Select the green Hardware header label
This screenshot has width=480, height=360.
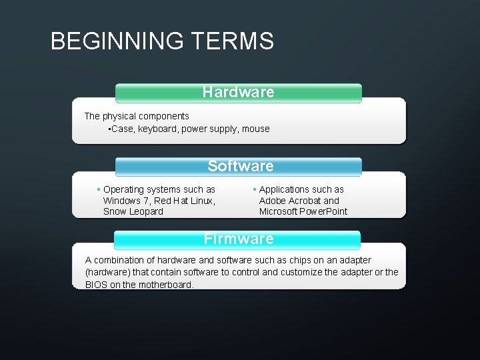click(238, 92)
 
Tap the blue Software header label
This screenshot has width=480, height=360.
click(240, 166)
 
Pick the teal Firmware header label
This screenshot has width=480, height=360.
click(239, 239)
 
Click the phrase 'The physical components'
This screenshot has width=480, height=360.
click(137, 116)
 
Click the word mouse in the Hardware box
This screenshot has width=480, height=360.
click(256, 129)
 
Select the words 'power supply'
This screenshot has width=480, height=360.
click(211, 129)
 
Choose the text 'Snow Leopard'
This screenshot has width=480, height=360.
click(133, 211)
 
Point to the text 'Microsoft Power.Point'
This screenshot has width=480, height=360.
click(303, 211)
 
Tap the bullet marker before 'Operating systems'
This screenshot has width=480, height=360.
click(98, 190)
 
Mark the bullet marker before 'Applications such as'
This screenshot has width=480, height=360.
click(254, 190)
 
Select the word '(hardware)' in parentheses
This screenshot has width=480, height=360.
click(109, 272)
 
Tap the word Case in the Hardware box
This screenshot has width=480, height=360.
click(122, 129)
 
